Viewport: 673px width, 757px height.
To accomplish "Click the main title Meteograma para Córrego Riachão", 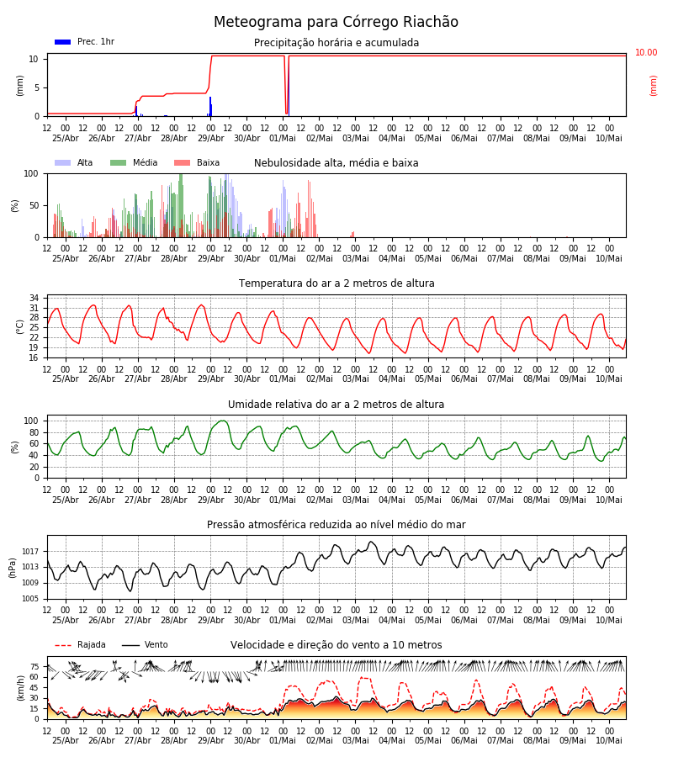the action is pos(336,22).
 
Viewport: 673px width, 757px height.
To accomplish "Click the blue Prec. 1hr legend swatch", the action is pos(63,42).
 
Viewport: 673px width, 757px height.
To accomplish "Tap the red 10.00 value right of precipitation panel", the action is pos(646,52).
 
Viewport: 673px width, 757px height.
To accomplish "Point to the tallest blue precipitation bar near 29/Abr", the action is pos(210,106).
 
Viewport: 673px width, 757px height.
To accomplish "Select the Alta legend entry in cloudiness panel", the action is pos(74,162).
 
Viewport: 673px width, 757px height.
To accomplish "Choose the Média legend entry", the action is pos(134,162).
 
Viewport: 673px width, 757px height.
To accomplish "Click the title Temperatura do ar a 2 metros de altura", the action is pos(336,283).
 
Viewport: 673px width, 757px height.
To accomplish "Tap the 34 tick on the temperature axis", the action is pos(34,298).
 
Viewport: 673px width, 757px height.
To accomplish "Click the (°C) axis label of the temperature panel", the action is pos(20,327).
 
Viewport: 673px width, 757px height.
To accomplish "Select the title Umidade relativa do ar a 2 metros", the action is pos(336,404).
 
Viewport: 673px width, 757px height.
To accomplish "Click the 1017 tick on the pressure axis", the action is pos(30,551).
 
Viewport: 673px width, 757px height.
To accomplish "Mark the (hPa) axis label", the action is pos(13,568).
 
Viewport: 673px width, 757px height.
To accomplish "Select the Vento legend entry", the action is pos(145,645).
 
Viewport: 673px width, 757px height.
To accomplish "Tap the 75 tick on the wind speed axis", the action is pos(34,667).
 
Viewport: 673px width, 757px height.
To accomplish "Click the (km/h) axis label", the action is pos(20,688).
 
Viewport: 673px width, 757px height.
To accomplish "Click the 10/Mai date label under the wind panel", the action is pos(609,740).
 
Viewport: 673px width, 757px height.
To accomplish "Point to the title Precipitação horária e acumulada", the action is pos(336,43).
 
